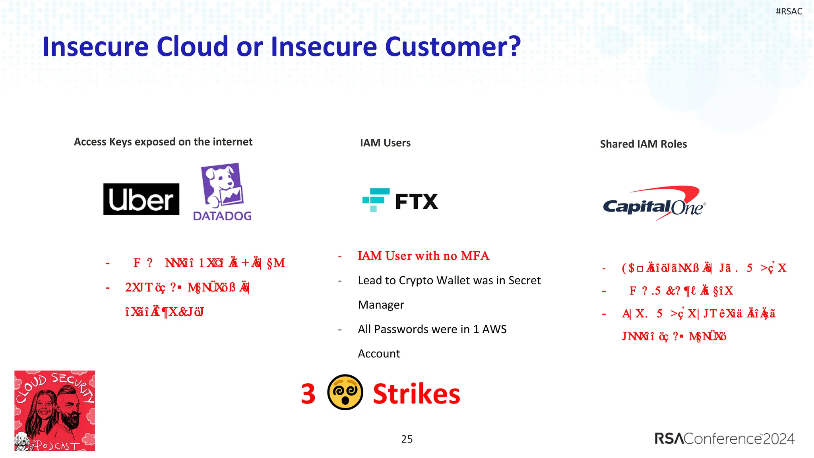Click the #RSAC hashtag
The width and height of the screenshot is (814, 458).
point(789,12)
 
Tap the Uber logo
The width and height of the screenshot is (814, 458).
point(141,199)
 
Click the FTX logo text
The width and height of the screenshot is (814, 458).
point(416,202)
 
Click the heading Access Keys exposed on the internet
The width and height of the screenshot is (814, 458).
point(163,142)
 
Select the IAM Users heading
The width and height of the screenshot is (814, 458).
point(385,143)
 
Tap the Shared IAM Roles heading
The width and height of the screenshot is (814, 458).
point(643,144)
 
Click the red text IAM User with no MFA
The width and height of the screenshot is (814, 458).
point(423,256)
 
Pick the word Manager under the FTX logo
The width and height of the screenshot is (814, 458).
point(381,305)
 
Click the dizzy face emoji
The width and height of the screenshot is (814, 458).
point(345,392)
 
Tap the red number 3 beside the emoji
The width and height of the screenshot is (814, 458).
point(308,394)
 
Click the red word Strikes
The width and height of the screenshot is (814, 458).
point(416,394)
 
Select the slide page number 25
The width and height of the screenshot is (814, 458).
point(407,439)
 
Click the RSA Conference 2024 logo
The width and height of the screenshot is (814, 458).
point(724,439)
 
